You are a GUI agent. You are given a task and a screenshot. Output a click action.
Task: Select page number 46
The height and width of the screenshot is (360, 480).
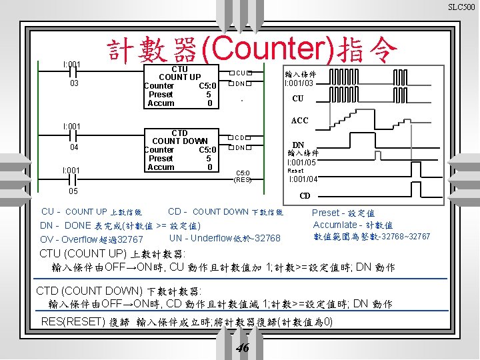pyautogui.click(x=243, y=348)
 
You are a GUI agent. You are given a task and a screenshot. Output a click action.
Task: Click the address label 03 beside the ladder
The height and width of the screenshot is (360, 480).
pyautogui.click(x=75, y=83)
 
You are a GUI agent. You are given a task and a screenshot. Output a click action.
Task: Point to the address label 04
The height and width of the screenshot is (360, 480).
pyautogui.click(x=75, y=147)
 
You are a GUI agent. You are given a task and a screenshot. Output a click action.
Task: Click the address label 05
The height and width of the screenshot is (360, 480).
pyautogui.click(x=75, y=191)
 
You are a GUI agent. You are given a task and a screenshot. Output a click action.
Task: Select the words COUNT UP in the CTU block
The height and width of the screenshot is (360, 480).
pyautogui.click(x=179, y=77)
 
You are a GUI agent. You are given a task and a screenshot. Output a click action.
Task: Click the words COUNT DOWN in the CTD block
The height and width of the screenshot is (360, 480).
pyautogui.click(x=179, y=141)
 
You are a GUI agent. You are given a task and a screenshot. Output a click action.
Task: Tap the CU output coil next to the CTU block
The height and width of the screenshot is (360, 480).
pyautogui.click(x=241, y=73)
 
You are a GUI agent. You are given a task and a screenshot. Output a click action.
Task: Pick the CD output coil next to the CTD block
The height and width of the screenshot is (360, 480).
pyautogui.click(x=241, y=137)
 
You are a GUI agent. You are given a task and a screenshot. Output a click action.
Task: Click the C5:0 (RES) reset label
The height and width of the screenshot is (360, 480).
pyautogui.click(x=242, y=176)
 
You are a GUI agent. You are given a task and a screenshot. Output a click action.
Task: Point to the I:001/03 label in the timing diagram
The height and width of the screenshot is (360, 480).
pyautogui.click(x=299, y=83)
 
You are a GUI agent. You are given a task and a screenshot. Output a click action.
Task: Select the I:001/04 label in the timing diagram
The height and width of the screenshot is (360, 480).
pyautogui.click(x=303, y=179)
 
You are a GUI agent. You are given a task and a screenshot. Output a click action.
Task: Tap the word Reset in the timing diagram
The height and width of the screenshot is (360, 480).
pyautogui.click(x=295, y=171)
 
